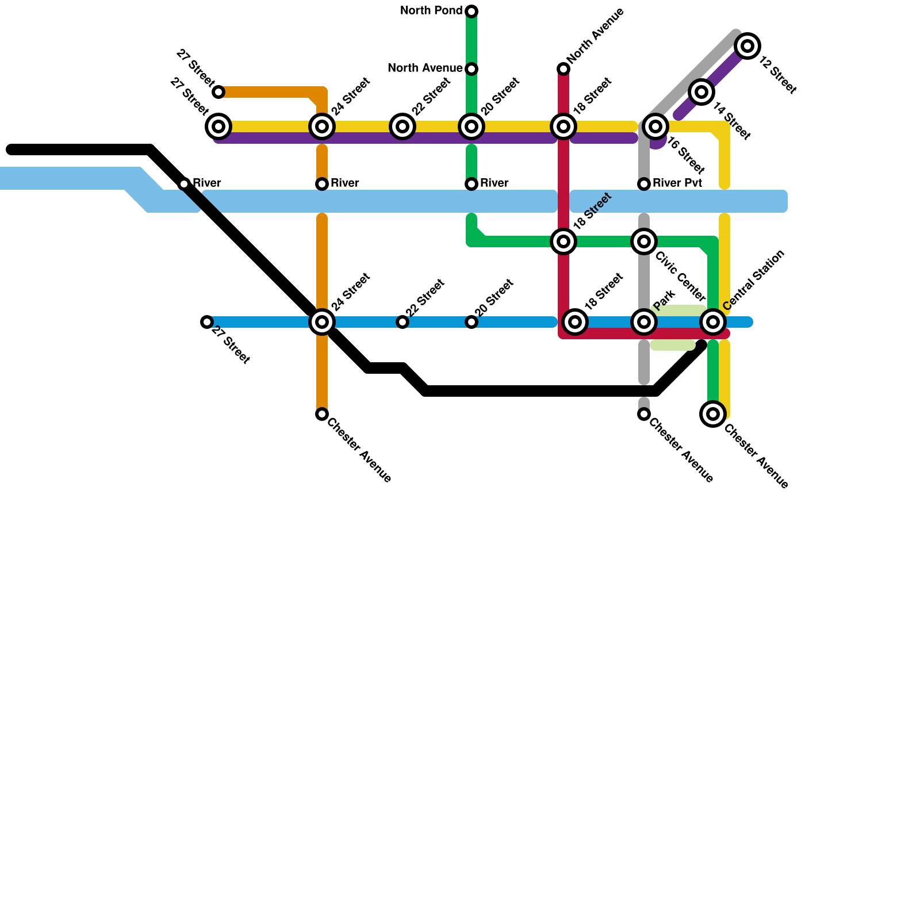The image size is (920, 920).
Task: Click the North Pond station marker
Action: click(x=471, y=11)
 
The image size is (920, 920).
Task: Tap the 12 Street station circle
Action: click(x=747, y=46)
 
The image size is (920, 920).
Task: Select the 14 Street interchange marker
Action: click(x=701, y=92)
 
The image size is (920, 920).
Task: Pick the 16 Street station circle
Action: click(x=655, y=126)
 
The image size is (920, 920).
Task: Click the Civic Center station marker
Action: click(x=644, y=241)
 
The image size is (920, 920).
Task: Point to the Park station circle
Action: click(x=644, y=322)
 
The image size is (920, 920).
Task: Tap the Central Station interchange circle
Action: click(x=713, y=322)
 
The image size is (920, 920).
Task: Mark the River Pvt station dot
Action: click(x=644, y=184)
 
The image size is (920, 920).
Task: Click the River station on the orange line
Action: click(x=322, y=184)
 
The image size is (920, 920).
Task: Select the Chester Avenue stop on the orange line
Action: click(x=322, y=414)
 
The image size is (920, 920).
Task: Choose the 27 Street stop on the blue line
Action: click(x=207, y=322)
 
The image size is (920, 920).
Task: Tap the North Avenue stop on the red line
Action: click(x=563, y=69)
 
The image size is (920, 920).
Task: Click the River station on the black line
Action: click(x=184, y=184)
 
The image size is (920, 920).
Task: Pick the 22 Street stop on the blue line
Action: click(x=402, y=322)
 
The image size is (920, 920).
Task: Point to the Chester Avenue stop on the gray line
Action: click(x=644, y=414)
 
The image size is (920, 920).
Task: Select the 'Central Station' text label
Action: click(x=754, y=280)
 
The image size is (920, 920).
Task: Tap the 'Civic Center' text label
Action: click(x=680, y=277)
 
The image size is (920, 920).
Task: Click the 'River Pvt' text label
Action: click(x=677, y=183)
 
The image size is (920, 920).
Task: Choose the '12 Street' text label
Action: click(x=777, y=75)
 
